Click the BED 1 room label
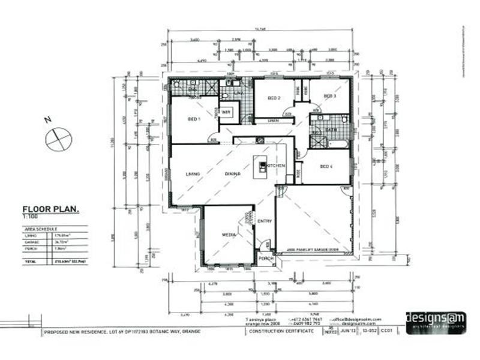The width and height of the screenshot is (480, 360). (x=193, y=119)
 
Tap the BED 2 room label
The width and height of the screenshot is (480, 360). (x=274, y=98)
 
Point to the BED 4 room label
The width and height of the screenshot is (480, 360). (x=326, y=166)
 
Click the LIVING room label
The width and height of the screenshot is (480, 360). (x=192, y=174)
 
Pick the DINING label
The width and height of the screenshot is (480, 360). (x=233, y=174)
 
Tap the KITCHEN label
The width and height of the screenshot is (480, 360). (x=275, y=166)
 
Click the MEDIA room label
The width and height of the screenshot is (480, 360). (x=229, y=235)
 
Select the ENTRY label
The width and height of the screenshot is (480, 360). (x=265, y=221)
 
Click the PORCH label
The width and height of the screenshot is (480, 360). (x=266, y=258)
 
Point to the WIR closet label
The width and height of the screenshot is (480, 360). (x=226, y=112)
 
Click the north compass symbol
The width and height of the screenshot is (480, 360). (x=58, y=139)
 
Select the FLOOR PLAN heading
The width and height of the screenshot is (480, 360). (x=51, y=210)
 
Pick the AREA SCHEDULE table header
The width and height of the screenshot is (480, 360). (x=41, y=229)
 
